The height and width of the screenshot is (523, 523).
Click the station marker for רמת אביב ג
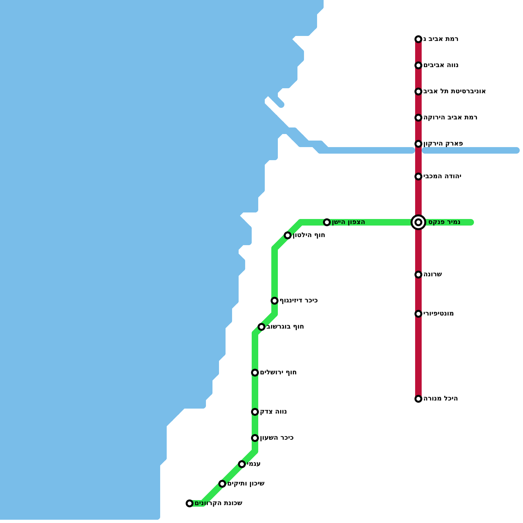point(418,39)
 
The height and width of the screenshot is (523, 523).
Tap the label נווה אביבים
point(441,65)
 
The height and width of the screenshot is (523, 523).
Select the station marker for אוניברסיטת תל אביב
point(418,92)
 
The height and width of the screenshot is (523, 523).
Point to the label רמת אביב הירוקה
point(450,118)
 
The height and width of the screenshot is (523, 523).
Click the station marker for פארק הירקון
point(418,144)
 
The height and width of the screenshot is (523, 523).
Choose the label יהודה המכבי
point(442,177)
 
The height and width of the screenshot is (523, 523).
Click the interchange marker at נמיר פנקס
point(418,222)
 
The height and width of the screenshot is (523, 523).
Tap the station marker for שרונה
point(418,275)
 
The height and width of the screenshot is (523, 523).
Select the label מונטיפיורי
point(438,314)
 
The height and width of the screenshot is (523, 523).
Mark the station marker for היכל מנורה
point(418,399)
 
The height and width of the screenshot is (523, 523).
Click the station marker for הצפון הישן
point(327,222)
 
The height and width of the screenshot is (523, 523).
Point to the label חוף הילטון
point(309,235)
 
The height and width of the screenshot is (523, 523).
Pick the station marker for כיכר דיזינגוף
point(275,301)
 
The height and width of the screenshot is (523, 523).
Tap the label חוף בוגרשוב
point(285,327)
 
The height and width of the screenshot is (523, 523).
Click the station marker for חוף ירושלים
point(255,373)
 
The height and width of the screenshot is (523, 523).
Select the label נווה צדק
point(273,412)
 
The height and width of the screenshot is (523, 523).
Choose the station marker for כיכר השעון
point(255,438)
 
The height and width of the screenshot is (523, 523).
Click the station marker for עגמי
point(242,464)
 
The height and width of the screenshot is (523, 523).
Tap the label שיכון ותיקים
point(246,484)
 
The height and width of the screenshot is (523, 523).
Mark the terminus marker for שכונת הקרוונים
point(190,503)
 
